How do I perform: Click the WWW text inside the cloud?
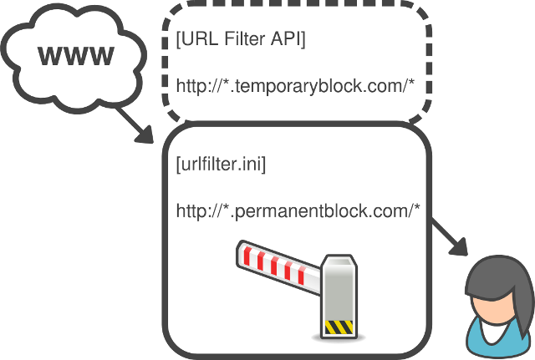(x=76, y=57)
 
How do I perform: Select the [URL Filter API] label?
(x=241, y=38)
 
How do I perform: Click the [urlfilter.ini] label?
(x=221, y=164)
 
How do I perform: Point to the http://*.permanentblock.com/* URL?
(x=298, y=210)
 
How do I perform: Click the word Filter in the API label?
(x=248, y=38)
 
